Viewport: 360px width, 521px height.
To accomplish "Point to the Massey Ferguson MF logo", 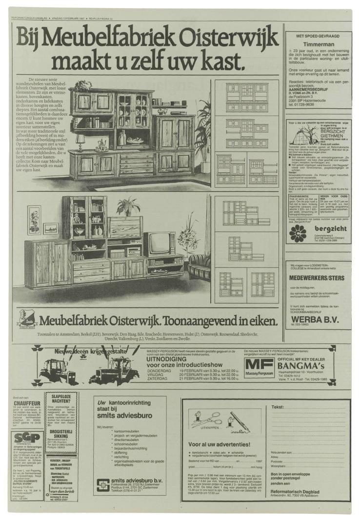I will pos(260,365).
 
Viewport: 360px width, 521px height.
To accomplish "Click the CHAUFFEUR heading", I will pos(27,403).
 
